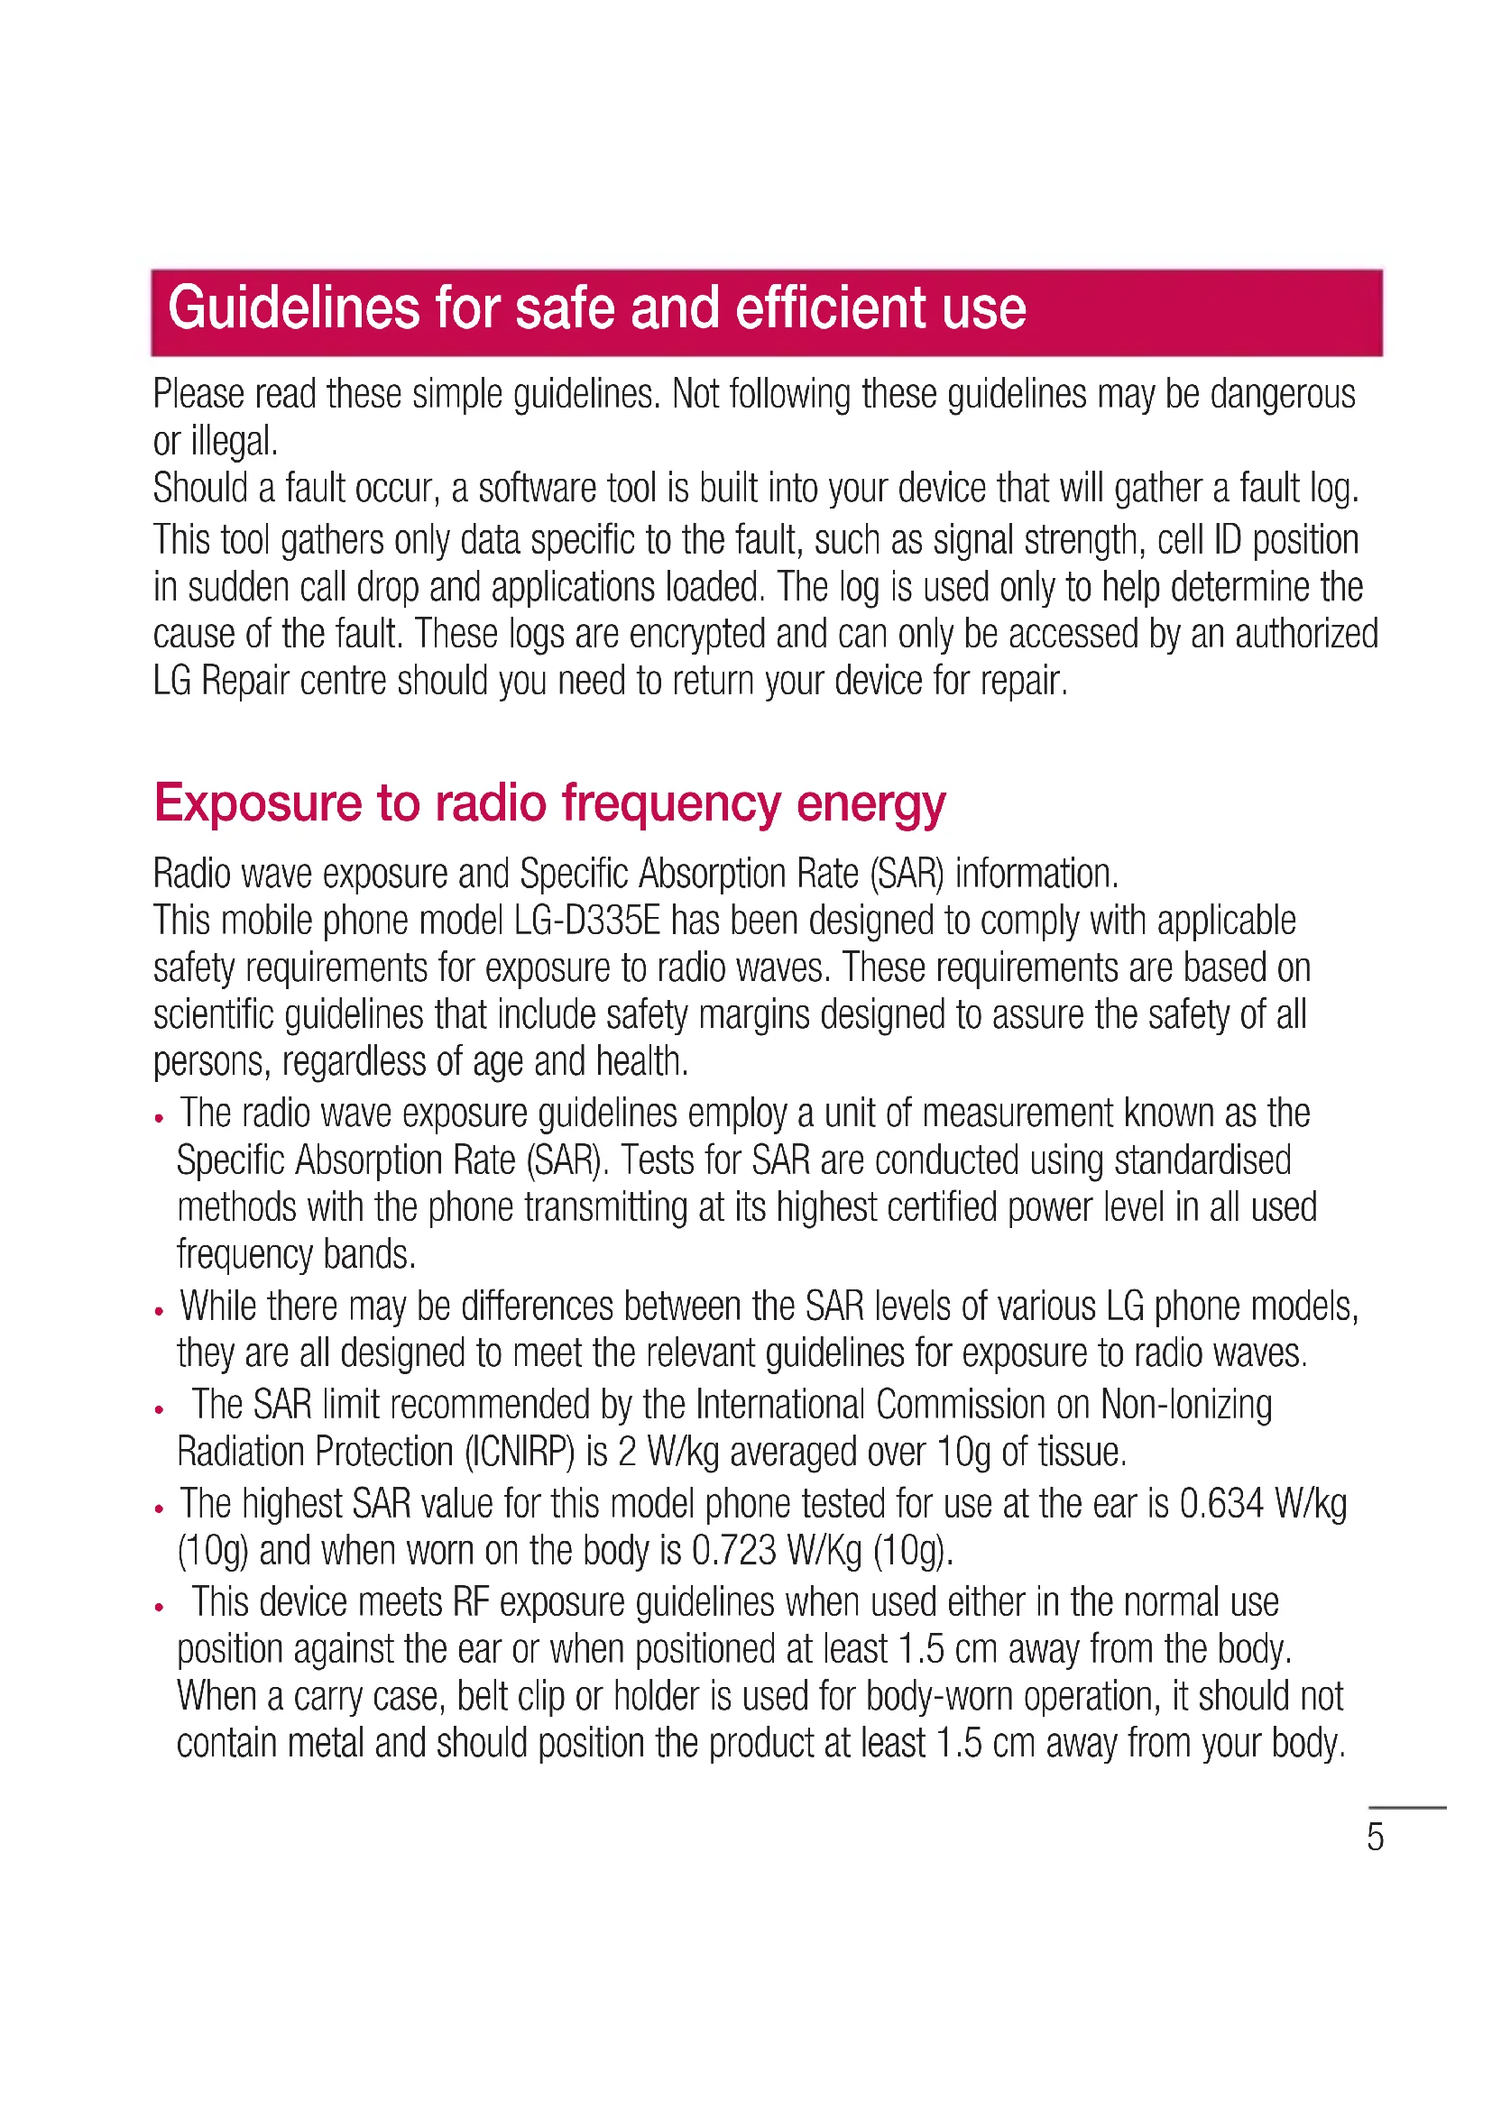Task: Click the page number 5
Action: point(1375,1837)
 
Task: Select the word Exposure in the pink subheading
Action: point(257,803)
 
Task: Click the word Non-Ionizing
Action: point(1186,1405)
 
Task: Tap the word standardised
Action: point(1202,1160)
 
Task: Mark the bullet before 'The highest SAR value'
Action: point(159,1508)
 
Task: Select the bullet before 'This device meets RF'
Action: point(159,1608)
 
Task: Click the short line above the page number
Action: point(1408,1807)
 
